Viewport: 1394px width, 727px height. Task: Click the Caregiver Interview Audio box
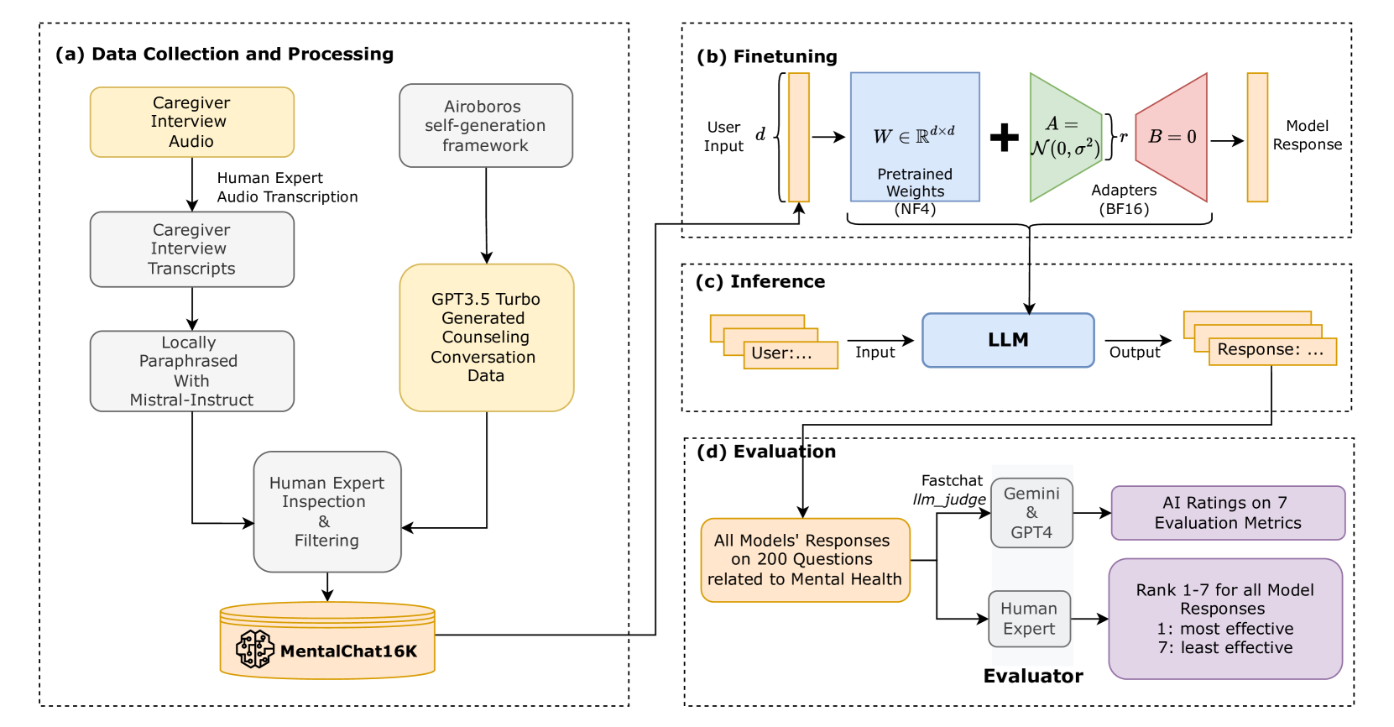point(191,122)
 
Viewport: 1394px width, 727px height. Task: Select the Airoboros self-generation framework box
point(485,125)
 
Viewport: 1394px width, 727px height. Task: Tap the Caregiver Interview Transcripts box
point(191,249)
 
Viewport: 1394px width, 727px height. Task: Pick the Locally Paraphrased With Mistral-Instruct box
point(191,371)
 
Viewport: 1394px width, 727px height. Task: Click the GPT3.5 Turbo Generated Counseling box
point(486,337)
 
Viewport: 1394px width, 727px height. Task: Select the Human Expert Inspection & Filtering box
point(326,511)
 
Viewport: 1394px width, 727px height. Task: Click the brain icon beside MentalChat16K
point(255,649)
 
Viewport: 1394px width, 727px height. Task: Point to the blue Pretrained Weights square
point(915,137)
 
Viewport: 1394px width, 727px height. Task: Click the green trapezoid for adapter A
point(1064,137)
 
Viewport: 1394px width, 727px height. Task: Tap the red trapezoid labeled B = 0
point(1173,137)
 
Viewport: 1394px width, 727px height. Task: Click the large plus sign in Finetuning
point(1004,137)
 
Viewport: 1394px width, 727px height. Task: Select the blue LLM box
point(1008,340)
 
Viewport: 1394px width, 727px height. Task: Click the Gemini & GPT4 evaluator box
point(1031,513)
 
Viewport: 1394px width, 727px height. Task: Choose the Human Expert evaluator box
point(1029,619)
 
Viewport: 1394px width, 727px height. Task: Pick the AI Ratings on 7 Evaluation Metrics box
point(1228,513)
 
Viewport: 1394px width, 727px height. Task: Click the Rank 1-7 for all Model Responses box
point(1225,619)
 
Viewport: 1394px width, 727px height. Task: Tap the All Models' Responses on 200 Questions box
point(805,560)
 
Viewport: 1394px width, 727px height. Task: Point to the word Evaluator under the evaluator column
point(1032,676)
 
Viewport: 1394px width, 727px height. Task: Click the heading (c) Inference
point(760,281)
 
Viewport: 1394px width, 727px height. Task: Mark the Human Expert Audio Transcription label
point(287,187)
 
